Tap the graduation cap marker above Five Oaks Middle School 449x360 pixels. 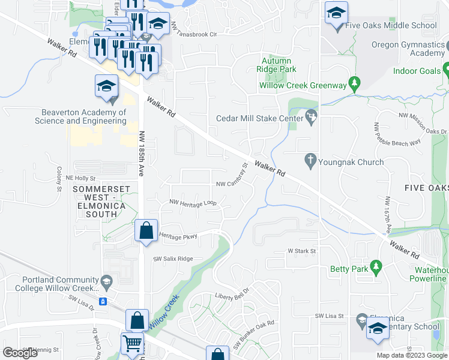pos(336,13)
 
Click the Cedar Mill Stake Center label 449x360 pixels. pos(261,118)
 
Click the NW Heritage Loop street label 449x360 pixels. pos(193,203)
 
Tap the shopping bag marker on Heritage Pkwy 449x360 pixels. pos(146,230)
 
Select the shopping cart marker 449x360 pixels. pos(133,344)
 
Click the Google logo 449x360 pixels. pos(20,353)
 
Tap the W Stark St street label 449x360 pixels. pos(301,251)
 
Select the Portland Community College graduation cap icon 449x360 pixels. pos(106,281)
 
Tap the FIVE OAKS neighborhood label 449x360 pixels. pos(427,188)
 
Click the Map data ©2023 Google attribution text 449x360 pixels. pos(412,355)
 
